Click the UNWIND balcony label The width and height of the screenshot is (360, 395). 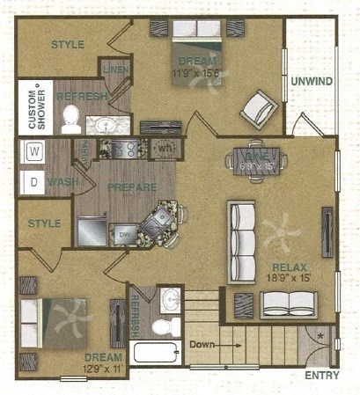pyautogui.click(x=311, y=82)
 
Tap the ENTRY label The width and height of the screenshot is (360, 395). pyautogui.click(x=321, y=376)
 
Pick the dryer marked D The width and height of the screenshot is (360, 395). pyautogui.click(x=34, y=183)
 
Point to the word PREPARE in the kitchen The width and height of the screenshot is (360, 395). pyautogui.click(x=132, y=187)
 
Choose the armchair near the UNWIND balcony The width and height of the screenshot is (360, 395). pyautogui.click(x=259, y=109)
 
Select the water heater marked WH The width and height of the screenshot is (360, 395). pyautogui.click(x=165, y=148)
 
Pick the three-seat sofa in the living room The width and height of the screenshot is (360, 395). pyautogui.click(x=241, y=241)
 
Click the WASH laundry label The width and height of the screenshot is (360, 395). pyautogui.click(x=62, y=182)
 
